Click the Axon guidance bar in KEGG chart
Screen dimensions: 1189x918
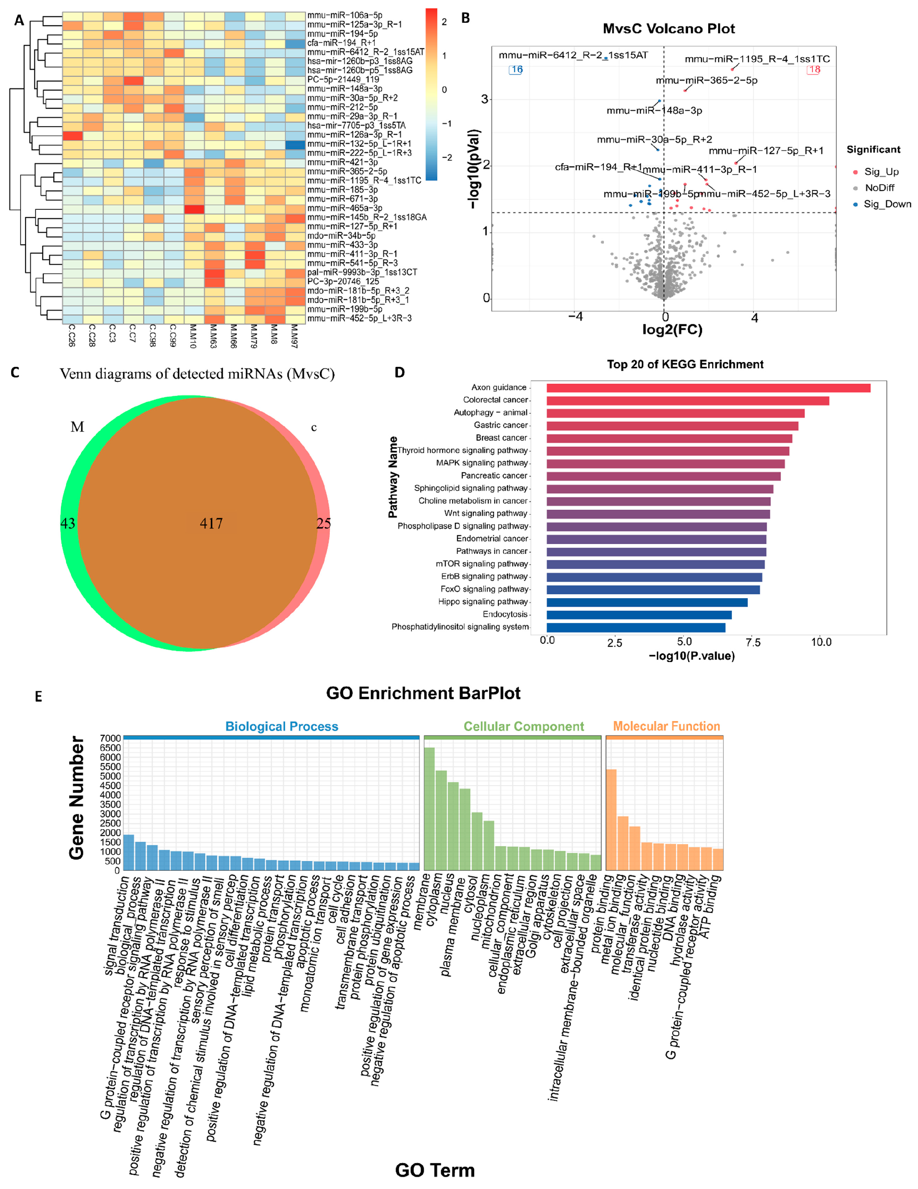click(708, 388)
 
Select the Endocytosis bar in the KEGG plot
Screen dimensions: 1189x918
click(638, 615)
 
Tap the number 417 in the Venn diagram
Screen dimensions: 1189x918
click(211, 523)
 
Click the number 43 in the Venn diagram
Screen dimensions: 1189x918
click(68, 523)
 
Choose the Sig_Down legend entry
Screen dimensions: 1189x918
click(886, 204)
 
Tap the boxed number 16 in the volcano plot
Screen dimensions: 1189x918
click(516, 70)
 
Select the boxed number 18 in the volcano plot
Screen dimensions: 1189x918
click(814, 70)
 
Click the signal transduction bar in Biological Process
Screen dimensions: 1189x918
click(128, 852)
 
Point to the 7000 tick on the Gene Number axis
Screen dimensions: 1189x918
click(110, 738)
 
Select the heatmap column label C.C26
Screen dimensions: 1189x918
click(71, 336)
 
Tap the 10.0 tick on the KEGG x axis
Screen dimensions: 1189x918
click(821, 642)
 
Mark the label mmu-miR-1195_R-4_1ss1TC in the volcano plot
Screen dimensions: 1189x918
click(757, 59)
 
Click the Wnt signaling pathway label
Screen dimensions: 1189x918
click(485, 514)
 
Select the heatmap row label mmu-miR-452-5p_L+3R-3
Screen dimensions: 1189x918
click(359, 318)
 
